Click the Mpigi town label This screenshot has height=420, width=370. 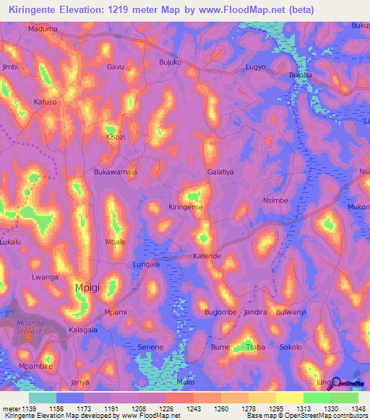(90, 289)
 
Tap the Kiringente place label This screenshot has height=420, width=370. (185, 207)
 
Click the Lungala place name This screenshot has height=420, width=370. (147, 265)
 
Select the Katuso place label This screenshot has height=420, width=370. (45, 102)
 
